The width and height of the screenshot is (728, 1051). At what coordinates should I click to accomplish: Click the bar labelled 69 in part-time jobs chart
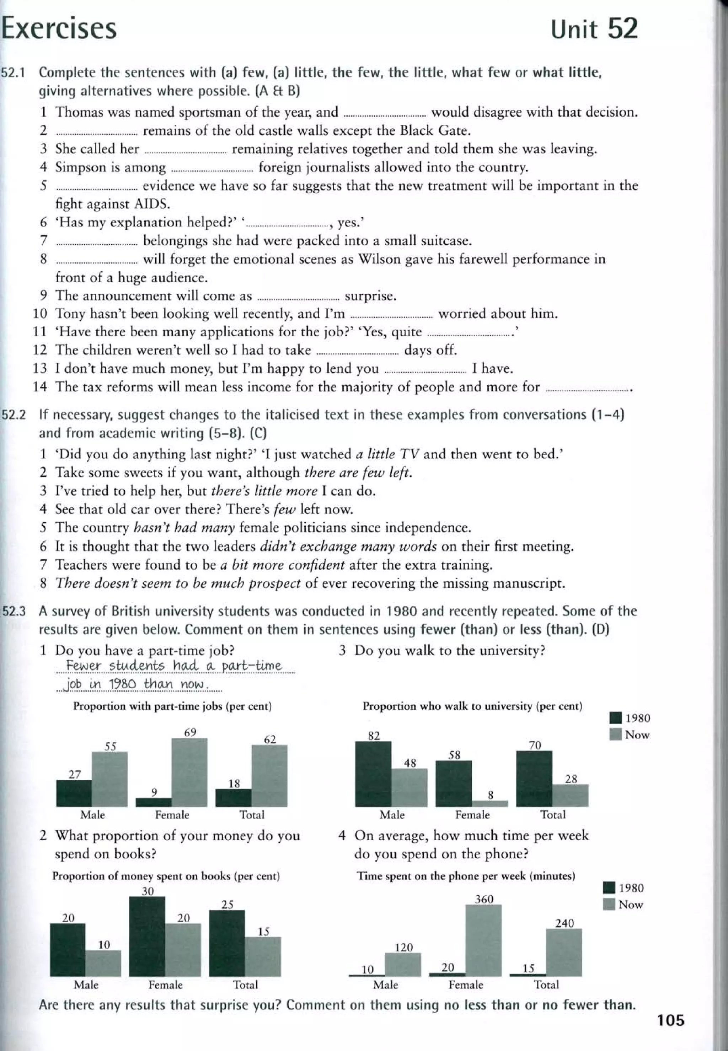pyautogui.click(x=189, y=772)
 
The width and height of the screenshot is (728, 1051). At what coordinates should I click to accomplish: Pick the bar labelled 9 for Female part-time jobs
pyautogui.click(x=154, y=802)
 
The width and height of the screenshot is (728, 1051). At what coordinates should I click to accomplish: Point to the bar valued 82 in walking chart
pyautogui.click(x=373, y=774)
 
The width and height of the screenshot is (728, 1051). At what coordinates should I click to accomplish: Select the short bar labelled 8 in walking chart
pyautogui.click(x=490, y=803)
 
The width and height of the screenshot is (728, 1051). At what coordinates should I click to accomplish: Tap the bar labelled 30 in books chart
pyautogui.click(x=147, y=936)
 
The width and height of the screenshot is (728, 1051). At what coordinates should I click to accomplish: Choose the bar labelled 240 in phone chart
pyautogui.click(x=564, y=953)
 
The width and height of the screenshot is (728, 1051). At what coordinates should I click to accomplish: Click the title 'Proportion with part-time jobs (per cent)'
pyautogui.click(x=172, y=706)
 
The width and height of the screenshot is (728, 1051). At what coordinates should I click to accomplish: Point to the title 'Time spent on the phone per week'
pyautogui.click(x=466, y=876)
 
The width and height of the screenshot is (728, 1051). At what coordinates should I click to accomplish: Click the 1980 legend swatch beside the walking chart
pyautogui.click(x=615, y=718)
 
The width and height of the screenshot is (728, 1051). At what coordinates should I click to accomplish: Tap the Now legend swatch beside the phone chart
pyautogui.click(x=609, y=905)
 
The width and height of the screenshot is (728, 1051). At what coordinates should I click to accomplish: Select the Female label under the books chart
pyautogui.click(x=166, y=985)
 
